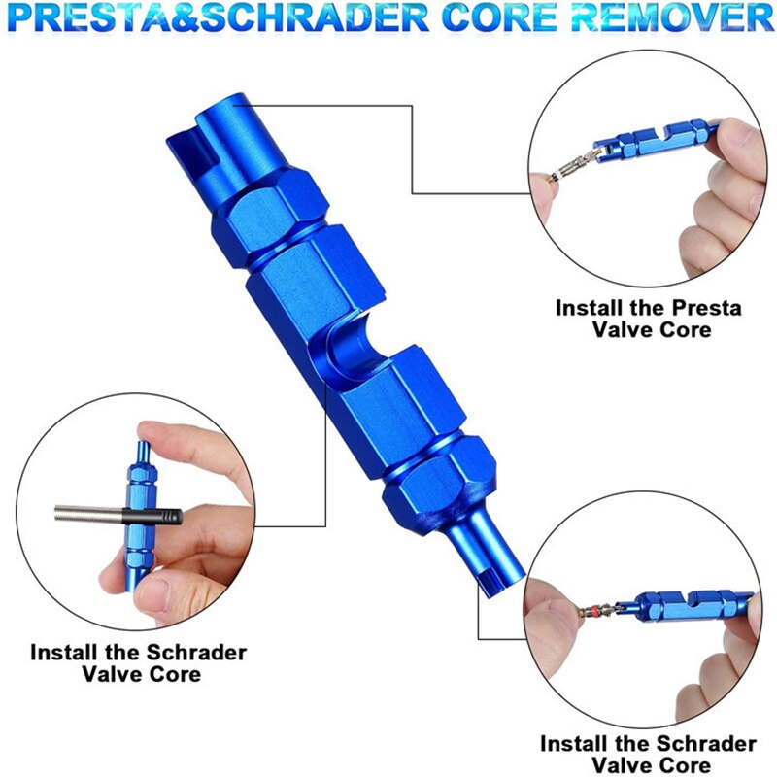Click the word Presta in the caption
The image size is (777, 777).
pos(706,309)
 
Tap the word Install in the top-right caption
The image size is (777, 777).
pos(591,309)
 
